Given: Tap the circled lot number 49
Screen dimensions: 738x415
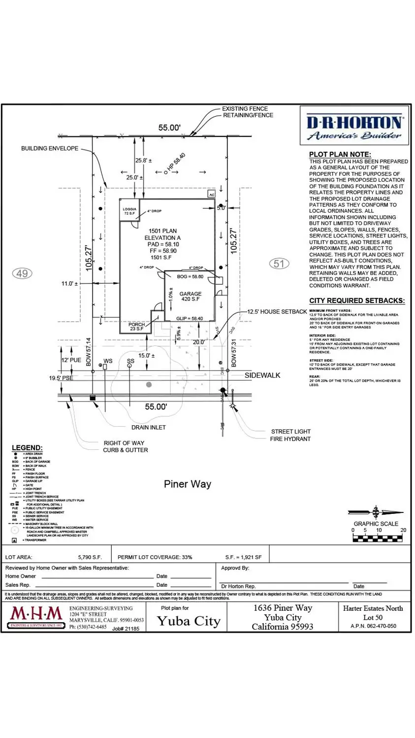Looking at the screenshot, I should (x=22, y=273).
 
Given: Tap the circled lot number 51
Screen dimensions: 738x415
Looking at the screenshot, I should (x=279, y=264).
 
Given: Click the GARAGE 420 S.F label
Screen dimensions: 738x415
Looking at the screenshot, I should (x=190, y=297).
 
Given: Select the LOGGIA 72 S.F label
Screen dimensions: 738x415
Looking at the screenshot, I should (x=129, y=211).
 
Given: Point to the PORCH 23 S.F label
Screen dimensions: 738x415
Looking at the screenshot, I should (x=137, y=327).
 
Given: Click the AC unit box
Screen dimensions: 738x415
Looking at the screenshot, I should (x=212, y=195).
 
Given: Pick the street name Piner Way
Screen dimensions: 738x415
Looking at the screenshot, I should (x=188, y=484).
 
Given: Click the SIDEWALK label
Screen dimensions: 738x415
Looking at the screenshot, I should (x=262, y=375).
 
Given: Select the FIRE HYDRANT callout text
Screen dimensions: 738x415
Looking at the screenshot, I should (x=290, y=439).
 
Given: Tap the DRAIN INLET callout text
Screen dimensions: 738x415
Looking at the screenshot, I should (x=149, y=428).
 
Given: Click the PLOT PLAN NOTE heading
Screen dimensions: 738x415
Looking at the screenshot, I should (x=340, y=154).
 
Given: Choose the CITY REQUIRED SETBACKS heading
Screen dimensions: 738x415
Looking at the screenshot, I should (x=357, y=301).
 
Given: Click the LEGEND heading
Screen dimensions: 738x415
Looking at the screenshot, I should (x=27, y=448).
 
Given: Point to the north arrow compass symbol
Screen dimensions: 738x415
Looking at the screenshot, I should (x=376, y=512).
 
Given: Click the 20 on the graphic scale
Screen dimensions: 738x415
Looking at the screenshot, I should (x=403, y=531).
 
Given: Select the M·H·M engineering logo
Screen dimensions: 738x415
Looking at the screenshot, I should (x=36, y=616).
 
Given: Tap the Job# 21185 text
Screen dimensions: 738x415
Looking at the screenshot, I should (x=126, y=629).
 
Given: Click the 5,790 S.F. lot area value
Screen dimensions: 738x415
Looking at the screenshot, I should (x=90, y=557).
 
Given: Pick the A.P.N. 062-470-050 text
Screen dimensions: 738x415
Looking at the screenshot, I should (x=373, y=626).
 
